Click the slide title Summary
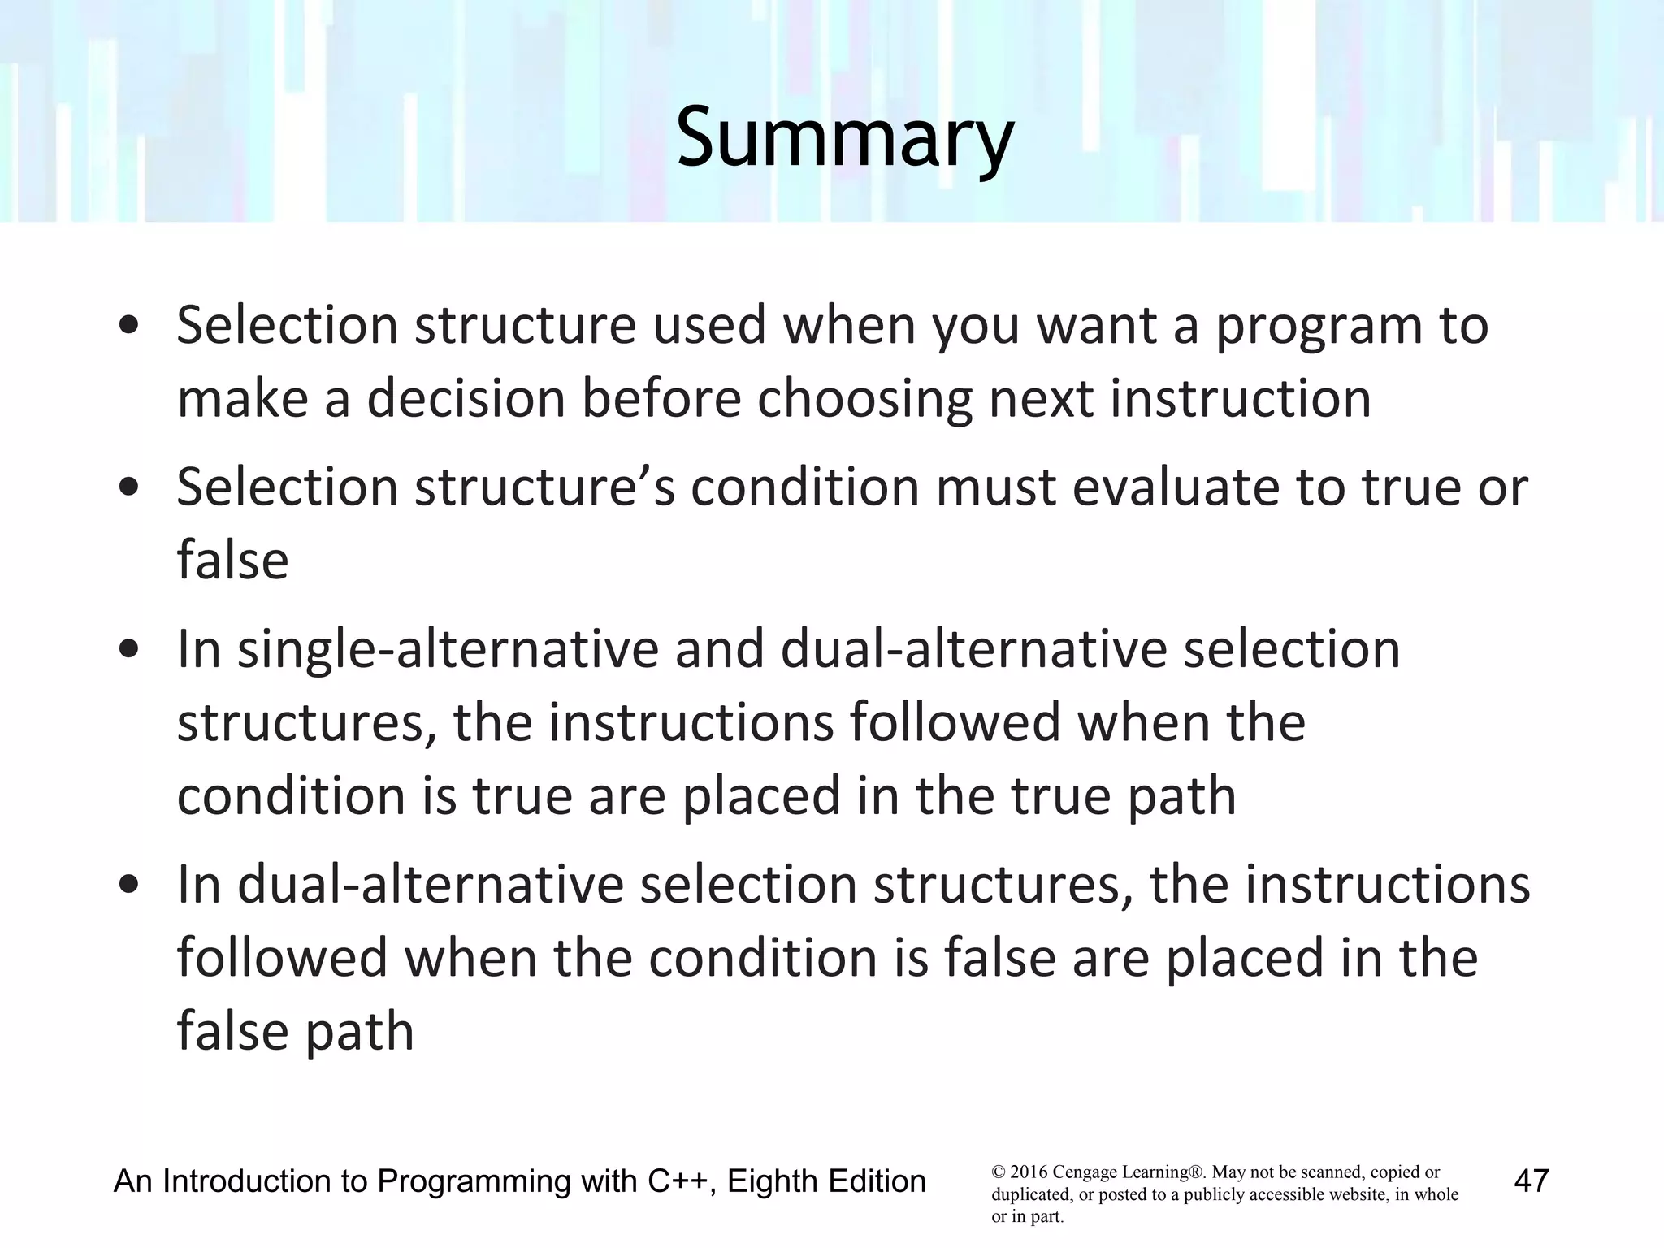pos(845,138)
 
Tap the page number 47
pos(1532,1181)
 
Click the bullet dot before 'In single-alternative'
pos(128,651)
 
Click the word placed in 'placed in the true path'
pos(760,795)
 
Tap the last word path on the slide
pos(358,1031)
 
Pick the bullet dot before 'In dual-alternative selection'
pos(128,886)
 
